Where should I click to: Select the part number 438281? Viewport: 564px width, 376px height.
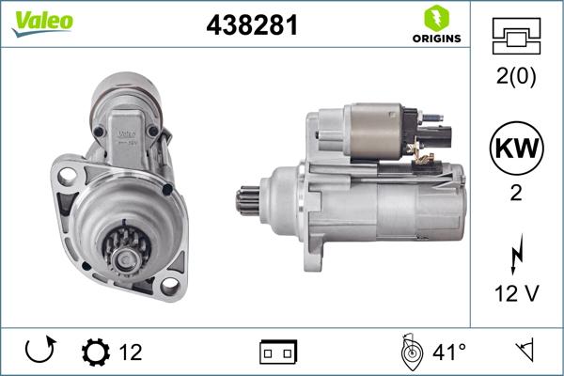coord(251,25)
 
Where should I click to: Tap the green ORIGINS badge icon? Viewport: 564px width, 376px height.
coord(434,18)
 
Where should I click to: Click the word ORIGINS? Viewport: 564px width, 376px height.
coord(434,39)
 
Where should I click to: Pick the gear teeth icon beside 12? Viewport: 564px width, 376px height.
coord(96,352)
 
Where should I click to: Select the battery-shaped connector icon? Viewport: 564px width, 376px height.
coord(278,352)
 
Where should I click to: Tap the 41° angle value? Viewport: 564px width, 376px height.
coord(449,352)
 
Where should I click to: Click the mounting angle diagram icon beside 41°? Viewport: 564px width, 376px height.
coord(409,352)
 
